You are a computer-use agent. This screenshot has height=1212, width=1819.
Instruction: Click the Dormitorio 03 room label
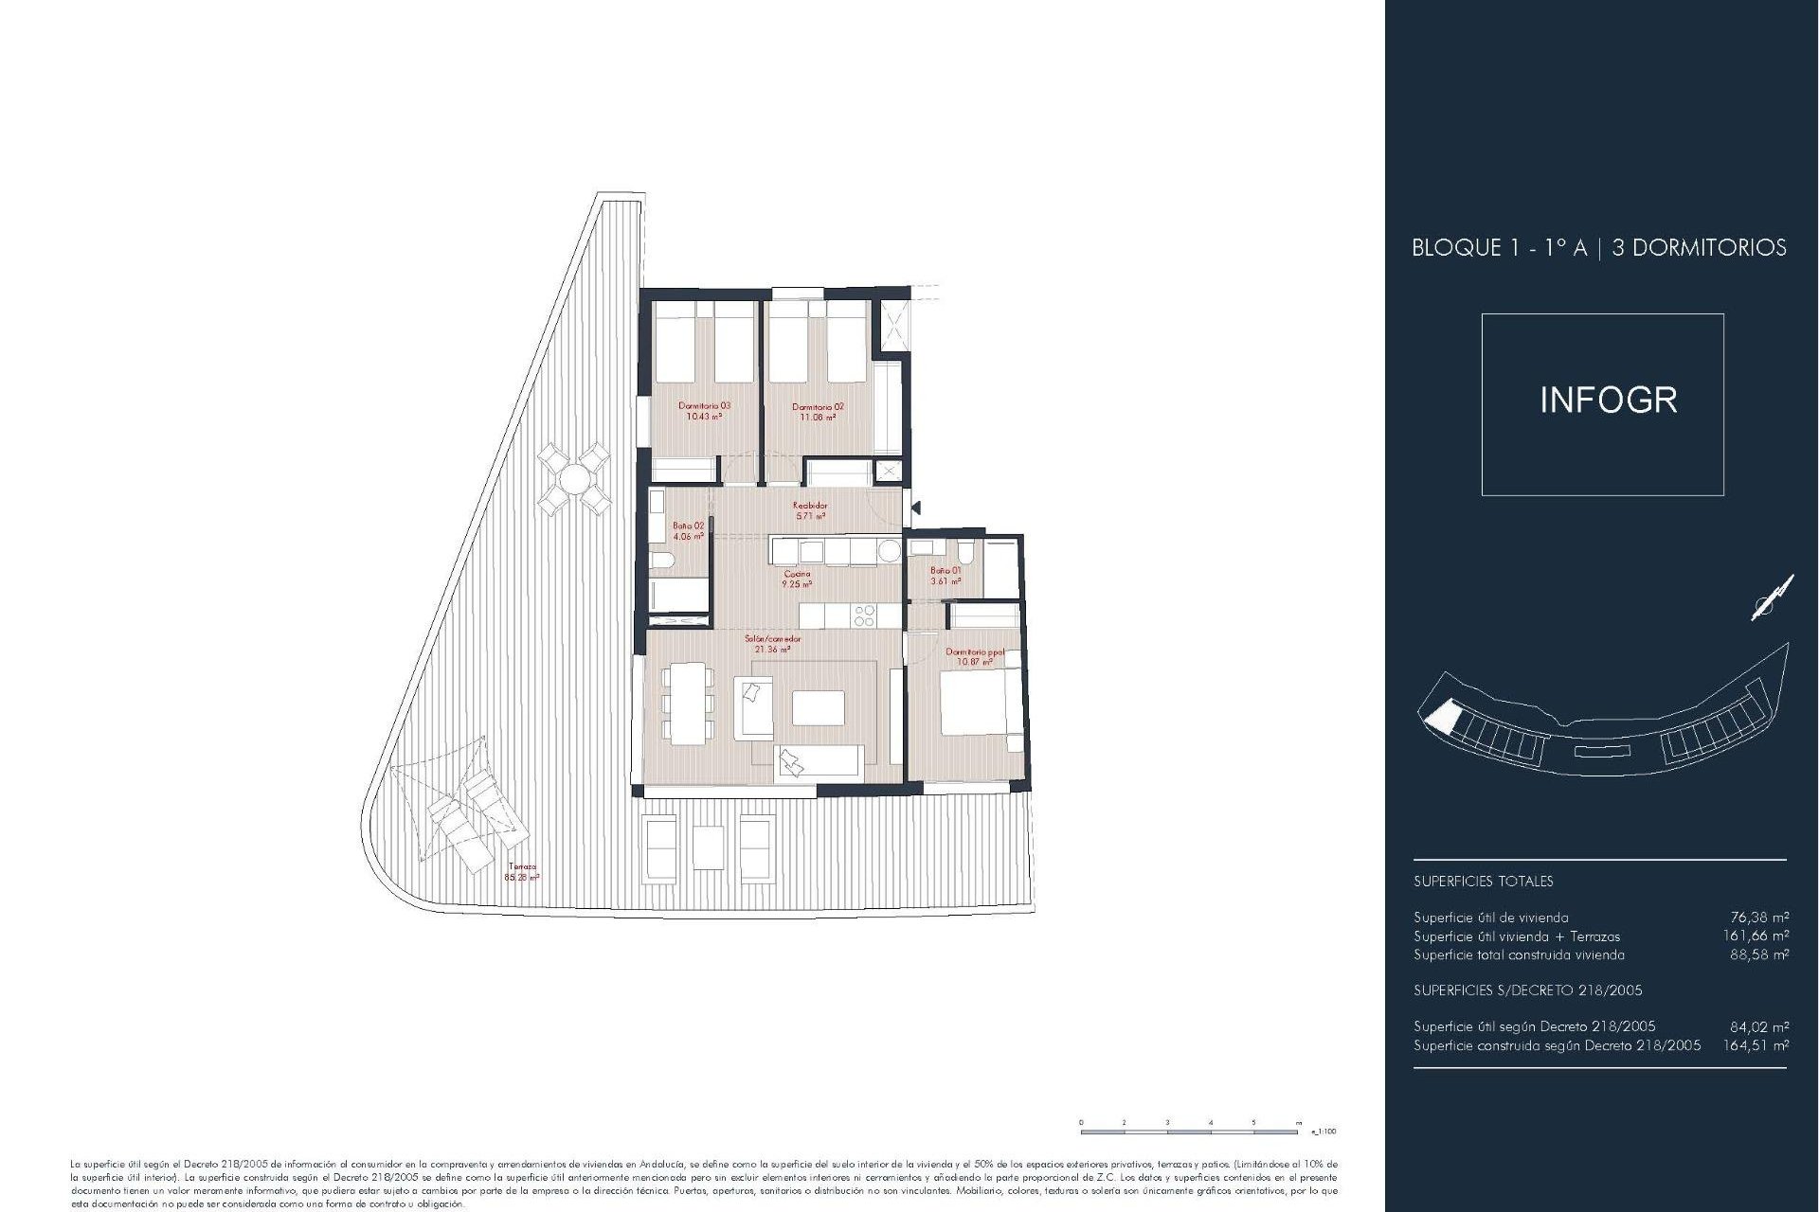click(x=704, y=411)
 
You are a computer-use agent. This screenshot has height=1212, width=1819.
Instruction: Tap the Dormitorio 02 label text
click(x=818, y=412)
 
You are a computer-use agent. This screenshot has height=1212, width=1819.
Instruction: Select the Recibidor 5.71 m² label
click(x=810, y=511)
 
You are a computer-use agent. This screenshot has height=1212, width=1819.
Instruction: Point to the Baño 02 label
click(x=689, y=530)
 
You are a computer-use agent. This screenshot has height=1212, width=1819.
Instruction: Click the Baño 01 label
click(x=946, y=576)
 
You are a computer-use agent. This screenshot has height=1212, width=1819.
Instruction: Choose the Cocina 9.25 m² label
click(x=797, y=579)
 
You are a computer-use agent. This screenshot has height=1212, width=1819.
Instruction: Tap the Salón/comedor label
click(x=772, y=644)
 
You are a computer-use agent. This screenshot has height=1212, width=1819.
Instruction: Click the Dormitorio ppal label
click(x=974, y=656)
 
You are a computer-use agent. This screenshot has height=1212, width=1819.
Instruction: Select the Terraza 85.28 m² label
click(x=522, y=872)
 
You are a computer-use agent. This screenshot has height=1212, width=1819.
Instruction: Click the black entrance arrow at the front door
click(x=915, y=508)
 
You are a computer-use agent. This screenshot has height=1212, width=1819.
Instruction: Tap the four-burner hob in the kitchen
click(x=864, y=616)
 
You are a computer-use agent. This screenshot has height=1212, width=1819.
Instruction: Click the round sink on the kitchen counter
click(x=889, y=551)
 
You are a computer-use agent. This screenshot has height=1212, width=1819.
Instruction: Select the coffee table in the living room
click(x=818, y=707)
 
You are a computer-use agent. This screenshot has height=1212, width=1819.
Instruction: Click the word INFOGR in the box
click(x=1608, y=401)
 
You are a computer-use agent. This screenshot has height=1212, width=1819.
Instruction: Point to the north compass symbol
click(x=1771, y=598)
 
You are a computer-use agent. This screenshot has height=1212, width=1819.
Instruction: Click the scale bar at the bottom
click(x=1190, y=1131)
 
